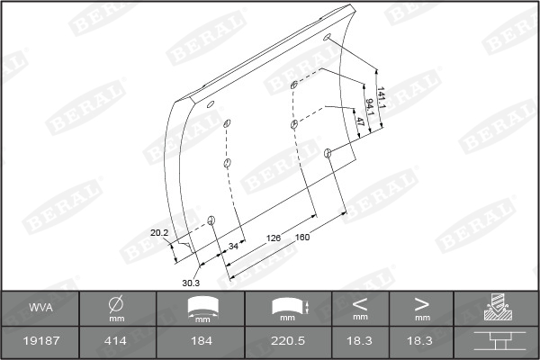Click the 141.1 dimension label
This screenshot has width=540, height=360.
coord(381,97)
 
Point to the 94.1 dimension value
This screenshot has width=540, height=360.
coord(370,107)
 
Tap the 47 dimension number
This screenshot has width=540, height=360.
coord(359,121)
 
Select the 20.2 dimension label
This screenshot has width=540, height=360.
coord(159,233)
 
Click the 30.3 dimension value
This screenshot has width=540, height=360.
coord(191,283)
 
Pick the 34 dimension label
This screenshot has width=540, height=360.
coord(233,246)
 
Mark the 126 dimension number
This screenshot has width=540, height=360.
coord(273,238)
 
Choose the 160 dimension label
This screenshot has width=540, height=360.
coord(302,237)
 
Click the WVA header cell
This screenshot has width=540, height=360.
coord(41,307)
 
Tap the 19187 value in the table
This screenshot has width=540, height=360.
coord(41,341)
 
